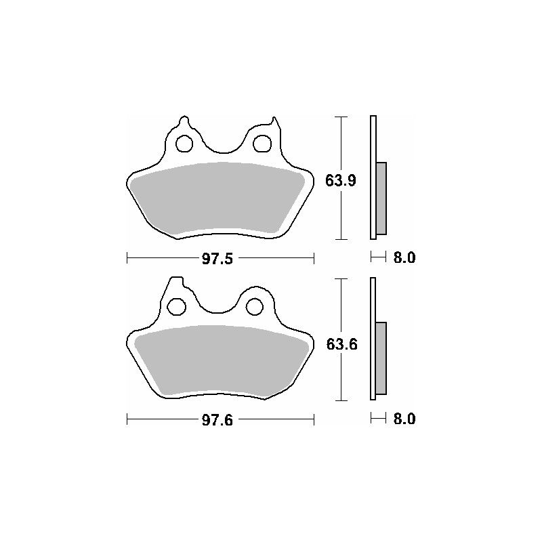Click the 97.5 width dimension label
point(217,259)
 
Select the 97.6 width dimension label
point(217,420)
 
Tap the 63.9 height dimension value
point(341,181)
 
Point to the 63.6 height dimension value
point(341,344)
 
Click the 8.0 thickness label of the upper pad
point(404,257)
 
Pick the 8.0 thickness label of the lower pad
point(404,419)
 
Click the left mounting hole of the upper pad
point(184,144)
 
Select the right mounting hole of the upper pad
point(262,144)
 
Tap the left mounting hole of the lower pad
point(176,306)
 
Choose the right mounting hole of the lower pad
point(255,306)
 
